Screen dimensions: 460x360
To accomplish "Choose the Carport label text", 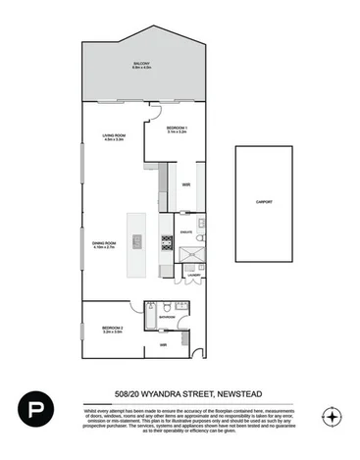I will click(264, 202).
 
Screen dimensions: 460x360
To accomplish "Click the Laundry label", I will click(193, 276).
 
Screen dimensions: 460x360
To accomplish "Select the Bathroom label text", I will click(167, 317).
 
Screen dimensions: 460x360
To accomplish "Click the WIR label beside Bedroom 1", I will click(184, 183).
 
